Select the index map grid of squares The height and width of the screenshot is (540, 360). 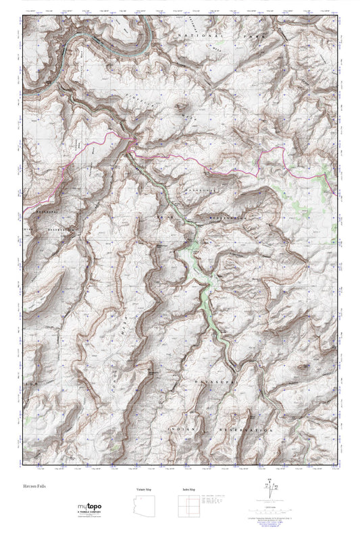(188, 506)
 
